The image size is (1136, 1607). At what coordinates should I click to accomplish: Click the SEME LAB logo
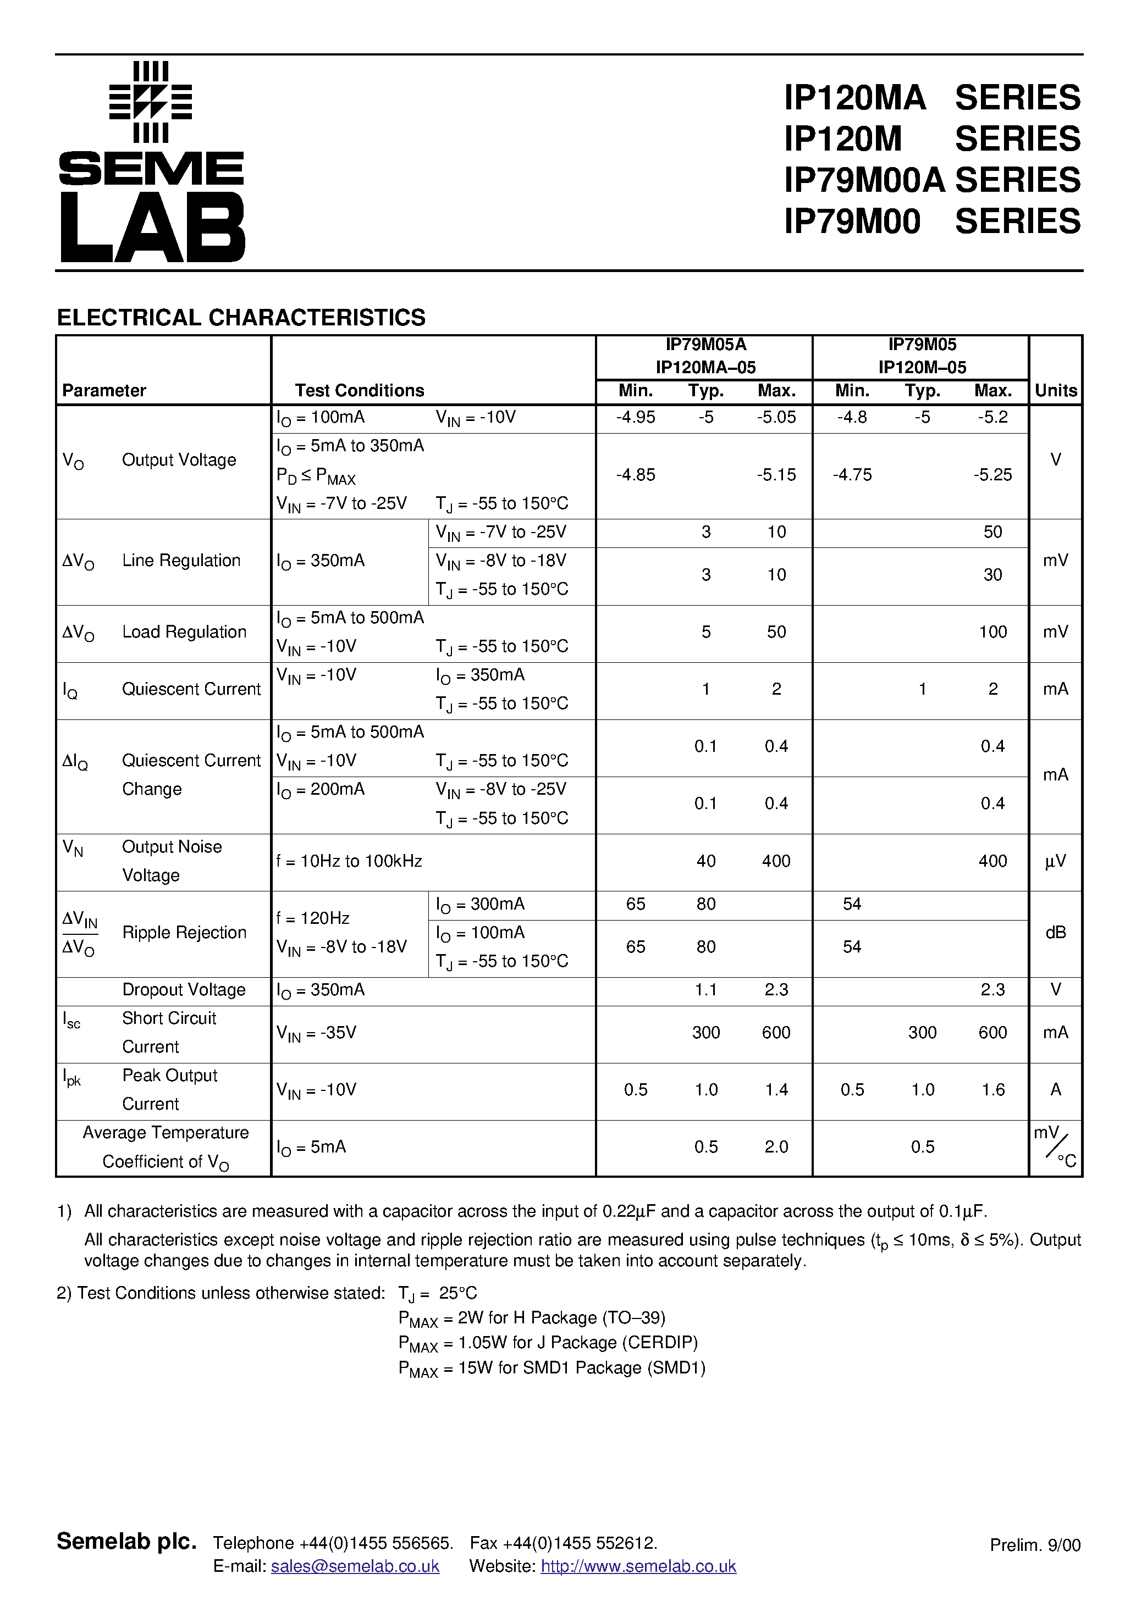pyautogui.click(x=151, y=162)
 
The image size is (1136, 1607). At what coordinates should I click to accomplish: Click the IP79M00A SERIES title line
pyautogui.click(x=931, y=180)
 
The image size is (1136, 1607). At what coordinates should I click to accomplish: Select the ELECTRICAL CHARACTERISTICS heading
pyautogui.click(x=241, y=318)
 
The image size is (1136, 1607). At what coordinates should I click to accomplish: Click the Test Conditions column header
pyautogui.click(x=359, y=391)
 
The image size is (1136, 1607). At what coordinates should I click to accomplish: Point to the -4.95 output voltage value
pyautogui.click(x=635, y=418)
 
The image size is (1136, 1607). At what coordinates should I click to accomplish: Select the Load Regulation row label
pyautogui.click(x=184, y=632)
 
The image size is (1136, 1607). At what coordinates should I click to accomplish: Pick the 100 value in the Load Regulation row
pyautogui.click(x=992, y=632)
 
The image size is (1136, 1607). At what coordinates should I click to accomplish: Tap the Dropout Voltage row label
pyautogui.click(x=184, y=990)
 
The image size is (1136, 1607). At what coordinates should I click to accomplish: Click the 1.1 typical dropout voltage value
pyautogui.click(x=705, y=990)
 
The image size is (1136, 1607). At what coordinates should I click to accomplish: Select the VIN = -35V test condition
pyautogui.click(x=317, y=1033)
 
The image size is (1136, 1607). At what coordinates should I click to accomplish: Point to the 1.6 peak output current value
pyautogui.click(x=992, y=1090)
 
